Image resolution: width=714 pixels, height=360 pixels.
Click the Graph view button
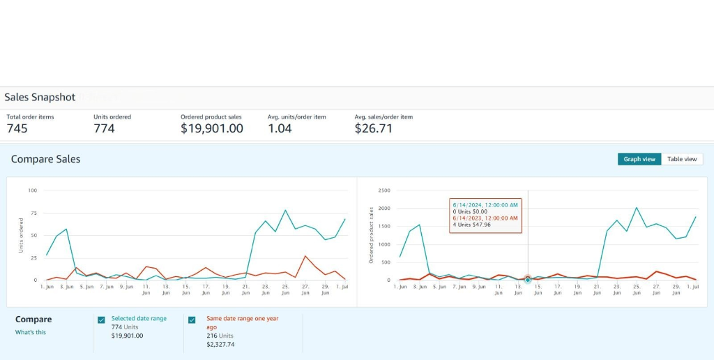click(x=639, y=159)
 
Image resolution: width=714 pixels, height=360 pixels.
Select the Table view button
click(x=681, y=159)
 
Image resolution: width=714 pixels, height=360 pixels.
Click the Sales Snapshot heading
click(x=40, y=98)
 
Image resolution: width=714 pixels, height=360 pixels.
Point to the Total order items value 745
click(x=17, y=128)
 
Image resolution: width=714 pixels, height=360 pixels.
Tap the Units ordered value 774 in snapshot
click(x=104, y=128)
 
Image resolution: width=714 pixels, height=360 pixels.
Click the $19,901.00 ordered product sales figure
click(x=211, y=128)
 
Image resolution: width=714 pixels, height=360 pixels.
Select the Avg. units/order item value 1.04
click(x=280, y=128)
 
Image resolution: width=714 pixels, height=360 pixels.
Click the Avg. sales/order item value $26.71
click(x=373, y=128)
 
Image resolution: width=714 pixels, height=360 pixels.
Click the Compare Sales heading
click(x=45, y=159)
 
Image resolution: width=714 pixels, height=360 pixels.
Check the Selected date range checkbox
click(x=102, y=320)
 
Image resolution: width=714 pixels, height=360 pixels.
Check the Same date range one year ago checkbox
click(x=192, y=320)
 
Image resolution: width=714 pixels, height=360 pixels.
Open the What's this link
click(x=31, y=332)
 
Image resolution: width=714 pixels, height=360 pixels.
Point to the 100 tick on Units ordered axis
click(x=33, y=190)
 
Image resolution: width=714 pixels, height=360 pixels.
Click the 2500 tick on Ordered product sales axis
click(x=384, y=190)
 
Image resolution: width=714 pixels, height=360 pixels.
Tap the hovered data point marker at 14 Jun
click(x=528, y=280)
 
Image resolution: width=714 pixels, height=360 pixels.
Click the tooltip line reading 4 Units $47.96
click(x=472, y=225)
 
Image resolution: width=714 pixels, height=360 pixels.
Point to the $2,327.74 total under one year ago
click(x=220, y=344)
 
